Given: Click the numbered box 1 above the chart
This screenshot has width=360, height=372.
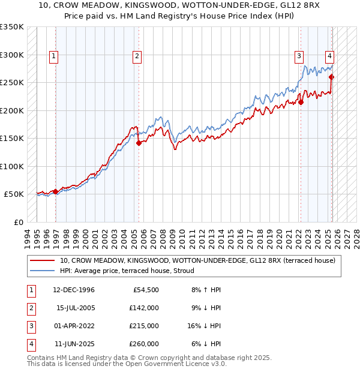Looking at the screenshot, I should [54, 57].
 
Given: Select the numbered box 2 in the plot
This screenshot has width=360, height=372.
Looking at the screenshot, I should [137, 57].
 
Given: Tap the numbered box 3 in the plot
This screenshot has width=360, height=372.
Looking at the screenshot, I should [299, 57].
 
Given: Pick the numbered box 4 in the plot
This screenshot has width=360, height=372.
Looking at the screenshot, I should [329, 57].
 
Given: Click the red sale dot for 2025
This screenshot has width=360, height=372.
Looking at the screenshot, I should [331, 77].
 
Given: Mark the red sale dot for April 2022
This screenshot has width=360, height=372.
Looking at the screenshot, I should [301, 102].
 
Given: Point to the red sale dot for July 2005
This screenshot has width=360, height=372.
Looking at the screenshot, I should [139, 143].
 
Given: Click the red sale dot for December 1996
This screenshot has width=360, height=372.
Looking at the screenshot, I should [56, 191].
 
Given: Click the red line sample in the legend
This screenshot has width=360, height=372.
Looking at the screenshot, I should [43, 260].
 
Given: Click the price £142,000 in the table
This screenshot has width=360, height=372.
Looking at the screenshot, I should [144, 308].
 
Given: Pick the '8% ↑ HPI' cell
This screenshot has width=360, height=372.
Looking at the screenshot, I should [205, 290].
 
